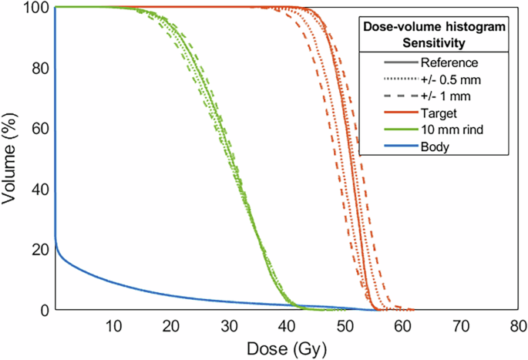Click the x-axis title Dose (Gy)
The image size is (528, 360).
tap(287, 348)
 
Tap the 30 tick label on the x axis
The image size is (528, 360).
tap(229, 326)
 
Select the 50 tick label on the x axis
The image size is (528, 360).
tap(345, 326)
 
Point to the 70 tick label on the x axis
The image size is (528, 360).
tap(460, 326)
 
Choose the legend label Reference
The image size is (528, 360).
tap(450, 62)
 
